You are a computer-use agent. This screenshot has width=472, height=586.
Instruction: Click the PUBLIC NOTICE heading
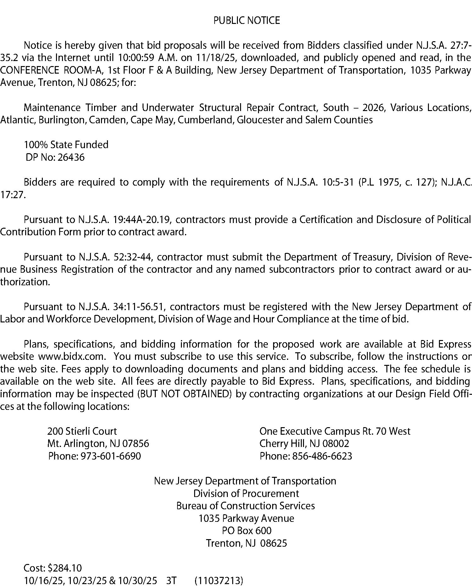(x=246, y=20)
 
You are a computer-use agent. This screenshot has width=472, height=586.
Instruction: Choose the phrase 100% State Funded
(x=66, y=145)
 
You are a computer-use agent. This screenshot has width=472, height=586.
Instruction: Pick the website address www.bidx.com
(x=71, y=357)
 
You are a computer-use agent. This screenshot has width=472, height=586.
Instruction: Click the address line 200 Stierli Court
(x=82, y=431)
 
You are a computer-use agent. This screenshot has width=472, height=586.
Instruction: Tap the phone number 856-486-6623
(x=322, y=456)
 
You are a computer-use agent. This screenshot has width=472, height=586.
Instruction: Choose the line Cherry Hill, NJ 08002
(x=304, y=444)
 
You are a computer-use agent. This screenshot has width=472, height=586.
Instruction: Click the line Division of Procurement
(x=246, y=493)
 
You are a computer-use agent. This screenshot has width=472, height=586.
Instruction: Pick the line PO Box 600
(x=246, y=531)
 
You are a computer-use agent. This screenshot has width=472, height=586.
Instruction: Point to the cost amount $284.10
(x=65, y=568)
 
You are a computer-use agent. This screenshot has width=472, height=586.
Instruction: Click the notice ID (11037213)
(x=219, y=580)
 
